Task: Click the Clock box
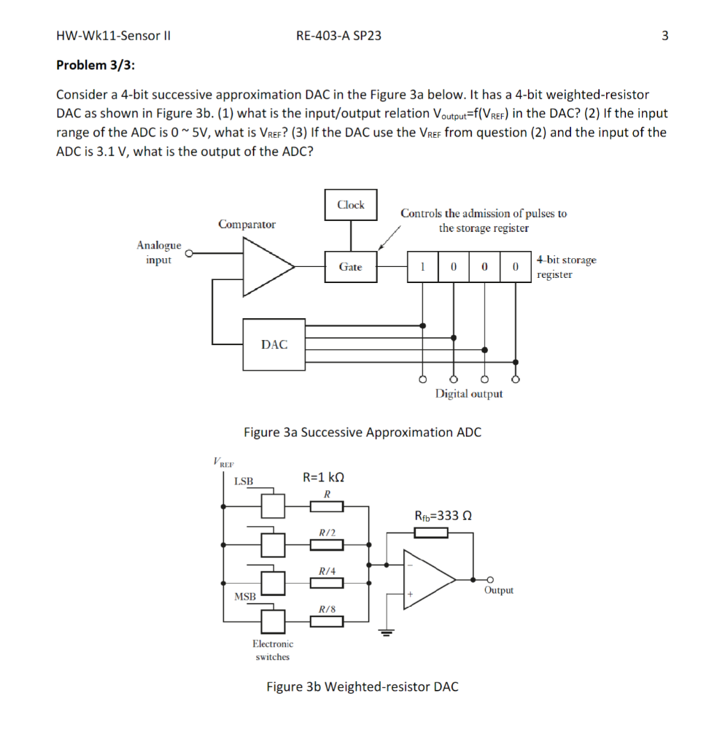click(351, 205)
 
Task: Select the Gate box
click(351, 266)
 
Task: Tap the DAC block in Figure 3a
click(274, 344)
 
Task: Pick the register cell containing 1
click(422, 266)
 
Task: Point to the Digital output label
click(469, 394)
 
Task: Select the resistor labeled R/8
click(327, 622)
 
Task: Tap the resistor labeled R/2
click(327, 544)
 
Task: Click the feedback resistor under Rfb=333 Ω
click(430, 534)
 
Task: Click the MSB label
click(245, 597)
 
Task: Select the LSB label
click(244, 481)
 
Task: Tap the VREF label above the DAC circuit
click(223, 462)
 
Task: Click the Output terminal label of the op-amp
click(499, 590)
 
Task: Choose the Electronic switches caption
click(273, 650)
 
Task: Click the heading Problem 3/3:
click(96, 66)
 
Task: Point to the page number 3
click(665, 35)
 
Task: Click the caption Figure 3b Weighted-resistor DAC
click(363, 686)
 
